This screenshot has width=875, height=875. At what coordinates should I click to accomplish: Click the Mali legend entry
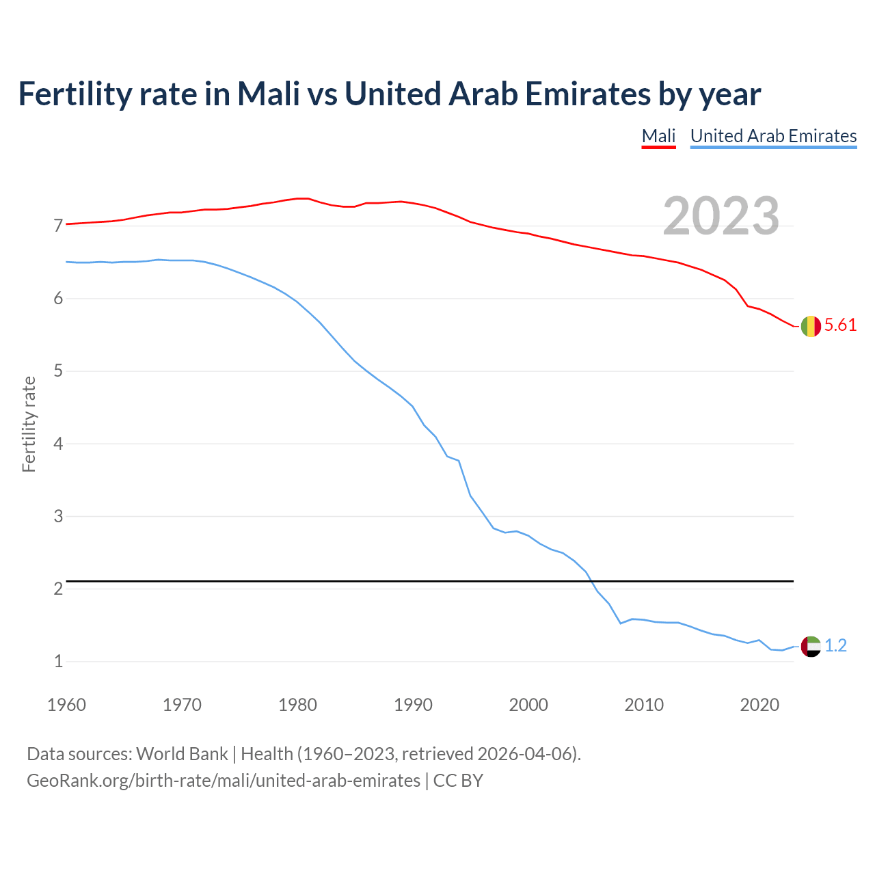pos(658,136)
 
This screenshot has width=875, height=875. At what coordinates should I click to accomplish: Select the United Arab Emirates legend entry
pos(773,136)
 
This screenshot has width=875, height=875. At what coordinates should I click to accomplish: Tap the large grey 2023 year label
pos(721,216)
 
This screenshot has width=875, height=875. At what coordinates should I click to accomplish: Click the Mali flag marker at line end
pos(811,326)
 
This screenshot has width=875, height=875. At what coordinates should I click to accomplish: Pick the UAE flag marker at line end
pos(811,646)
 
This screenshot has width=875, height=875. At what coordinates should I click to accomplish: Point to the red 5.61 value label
pos(840,325)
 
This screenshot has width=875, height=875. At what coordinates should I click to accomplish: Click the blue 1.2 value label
pos(835,646)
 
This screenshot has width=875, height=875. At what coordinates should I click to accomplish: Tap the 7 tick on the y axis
pos(58,226)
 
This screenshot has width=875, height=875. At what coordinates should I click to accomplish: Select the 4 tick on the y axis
pos(58,444)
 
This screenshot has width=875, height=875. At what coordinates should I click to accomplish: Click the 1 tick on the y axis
pos(58,661)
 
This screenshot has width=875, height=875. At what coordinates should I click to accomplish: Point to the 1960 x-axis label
pos(66,705)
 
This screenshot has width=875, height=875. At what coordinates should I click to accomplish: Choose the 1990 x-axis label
pos(413,705)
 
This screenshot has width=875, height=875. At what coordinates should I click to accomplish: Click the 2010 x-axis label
pos(644,705)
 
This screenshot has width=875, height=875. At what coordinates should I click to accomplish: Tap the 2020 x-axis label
pos(759,705)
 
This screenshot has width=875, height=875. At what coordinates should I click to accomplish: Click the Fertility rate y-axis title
pos(29,424)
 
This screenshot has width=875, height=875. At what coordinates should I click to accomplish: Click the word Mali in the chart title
pos(269,94)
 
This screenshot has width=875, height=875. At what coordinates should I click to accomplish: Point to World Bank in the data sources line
pos(182,754)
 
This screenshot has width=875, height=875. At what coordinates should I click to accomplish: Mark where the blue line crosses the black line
pos(591,581)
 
